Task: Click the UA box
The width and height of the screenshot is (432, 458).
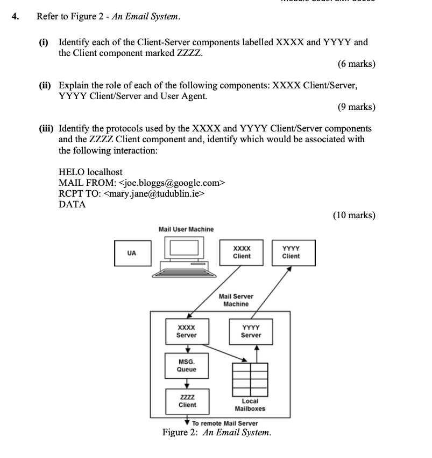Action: coord(132,253)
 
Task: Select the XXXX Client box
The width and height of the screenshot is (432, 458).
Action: coord(242,252)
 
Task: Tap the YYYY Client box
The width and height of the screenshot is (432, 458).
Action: coord(291,252)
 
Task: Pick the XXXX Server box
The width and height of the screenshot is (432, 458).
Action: coord(186,331)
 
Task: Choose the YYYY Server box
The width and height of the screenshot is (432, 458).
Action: coord(251,331)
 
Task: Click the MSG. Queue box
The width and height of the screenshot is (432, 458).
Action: coord(187,366)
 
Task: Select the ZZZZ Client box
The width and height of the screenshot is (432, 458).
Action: coord(187,401)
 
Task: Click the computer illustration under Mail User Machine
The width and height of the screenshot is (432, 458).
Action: coord(186,254)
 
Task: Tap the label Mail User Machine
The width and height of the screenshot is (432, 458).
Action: coord(186,229)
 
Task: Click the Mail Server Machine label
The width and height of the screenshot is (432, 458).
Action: coord(236,300)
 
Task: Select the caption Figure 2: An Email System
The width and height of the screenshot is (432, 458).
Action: coord(216,433)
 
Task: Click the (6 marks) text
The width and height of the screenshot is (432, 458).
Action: coord(356,64)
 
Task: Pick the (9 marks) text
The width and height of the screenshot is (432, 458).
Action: coord(356,107)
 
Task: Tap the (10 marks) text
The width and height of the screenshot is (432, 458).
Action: coord(353,216)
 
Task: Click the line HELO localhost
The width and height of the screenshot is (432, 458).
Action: coord(90,172)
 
